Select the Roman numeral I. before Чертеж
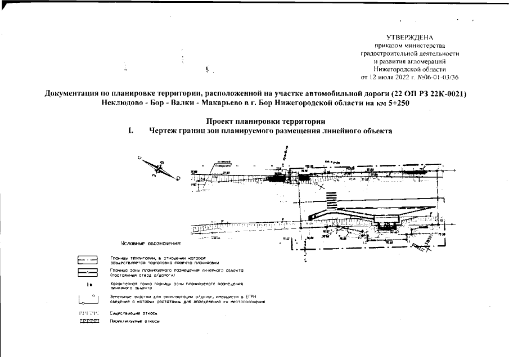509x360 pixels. pos(130,130)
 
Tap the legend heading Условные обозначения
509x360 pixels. pos(151,244)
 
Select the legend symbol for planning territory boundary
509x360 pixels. pos(88,260)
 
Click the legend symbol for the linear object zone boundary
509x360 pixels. pos(88,273)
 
